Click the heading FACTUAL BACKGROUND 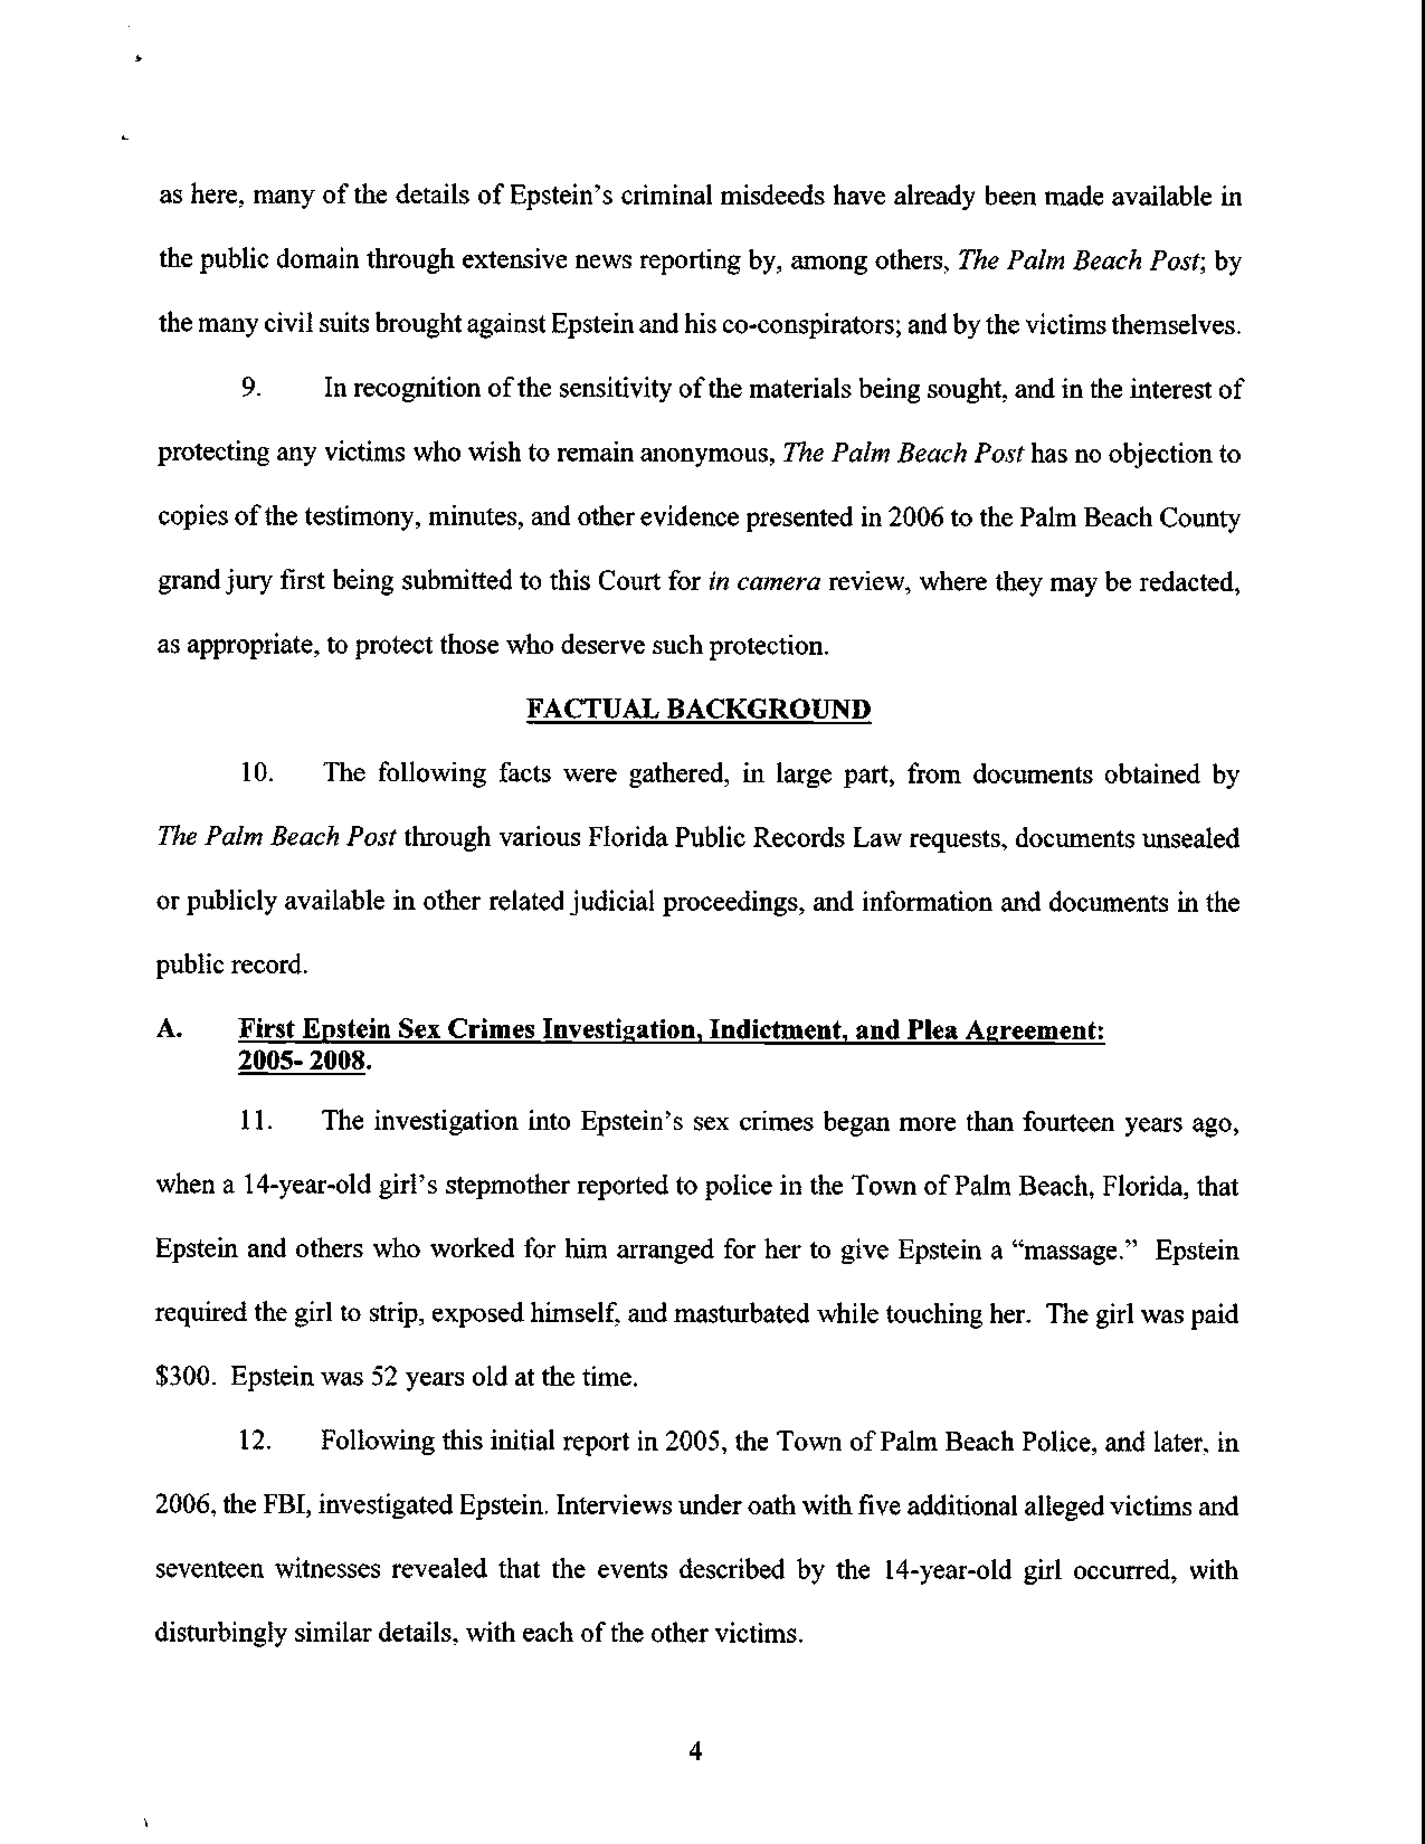coord(698,709)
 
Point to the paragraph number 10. coord(256,773)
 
